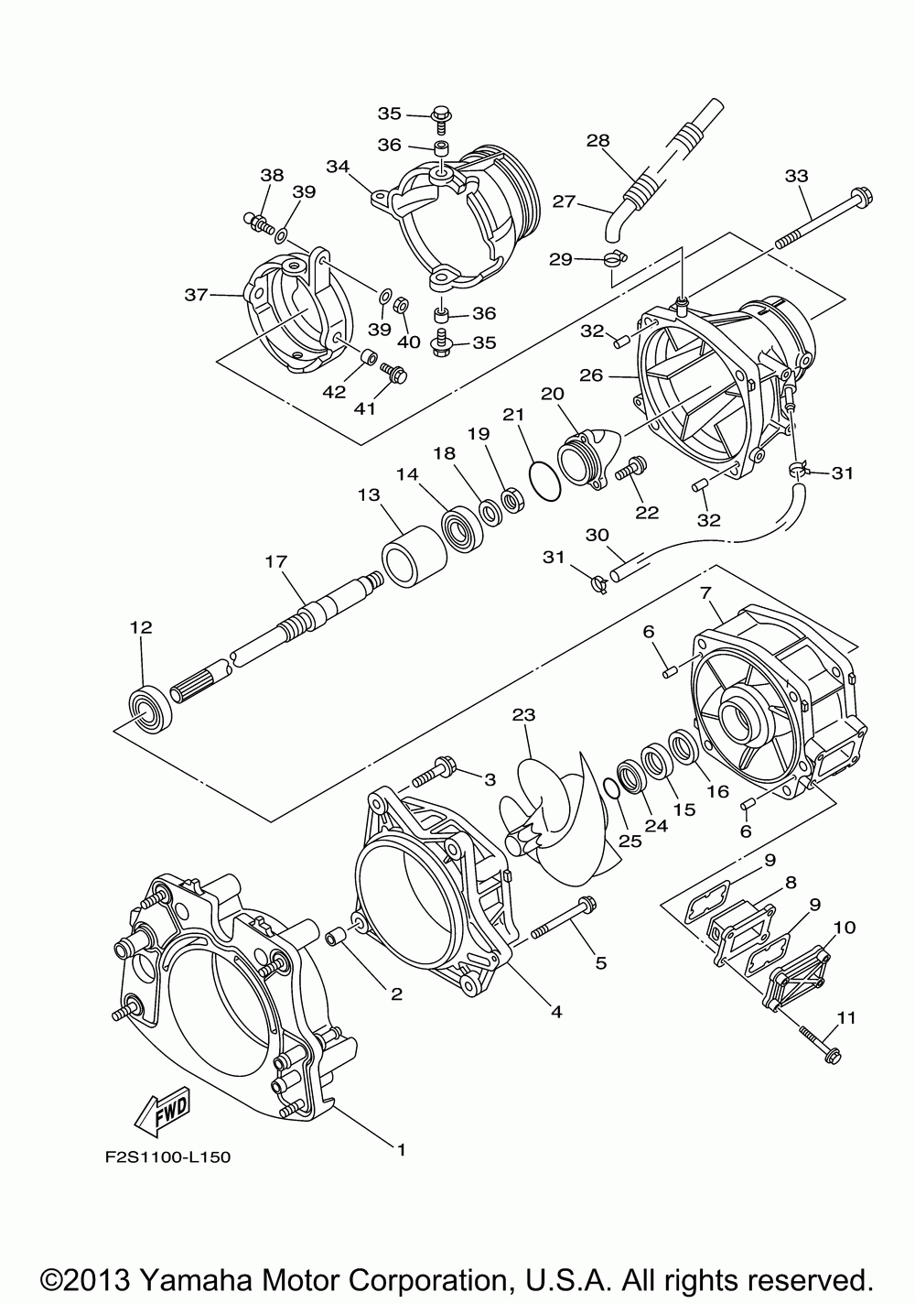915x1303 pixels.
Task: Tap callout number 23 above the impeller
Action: click(x=522, y=715)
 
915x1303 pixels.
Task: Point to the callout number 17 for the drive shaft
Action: click(x=276, y=562)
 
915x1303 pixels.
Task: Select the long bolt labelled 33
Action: click(x=823, y=223)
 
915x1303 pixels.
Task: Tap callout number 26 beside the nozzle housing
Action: click(x=590, y=375)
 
